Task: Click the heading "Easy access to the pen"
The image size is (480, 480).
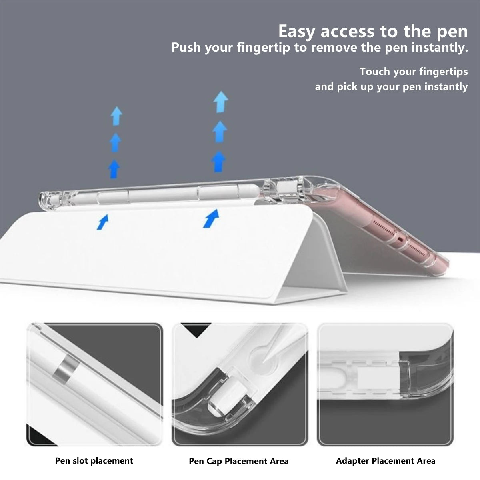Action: (373, 31)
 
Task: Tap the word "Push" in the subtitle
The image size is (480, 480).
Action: (186, 48)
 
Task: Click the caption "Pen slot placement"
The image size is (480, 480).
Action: (94, 461)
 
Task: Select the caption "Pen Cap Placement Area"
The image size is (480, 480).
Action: (238, 461)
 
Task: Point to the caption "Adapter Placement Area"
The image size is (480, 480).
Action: (386, 461)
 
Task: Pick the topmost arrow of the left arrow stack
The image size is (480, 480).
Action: (116, 115)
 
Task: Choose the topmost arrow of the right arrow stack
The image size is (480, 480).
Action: (220, 102)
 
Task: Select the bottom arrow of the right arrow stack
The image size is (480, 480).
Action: (219, 161)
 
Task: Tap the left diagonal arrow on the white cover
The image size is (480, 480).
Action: (103, 222)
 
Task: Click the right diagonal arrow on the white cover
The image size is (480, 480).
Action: (211, 218)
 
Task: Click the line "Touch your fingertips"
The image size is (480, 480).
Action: (413, 72)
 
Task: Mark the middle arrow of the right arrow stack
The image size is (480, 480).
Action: (220, 131)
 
